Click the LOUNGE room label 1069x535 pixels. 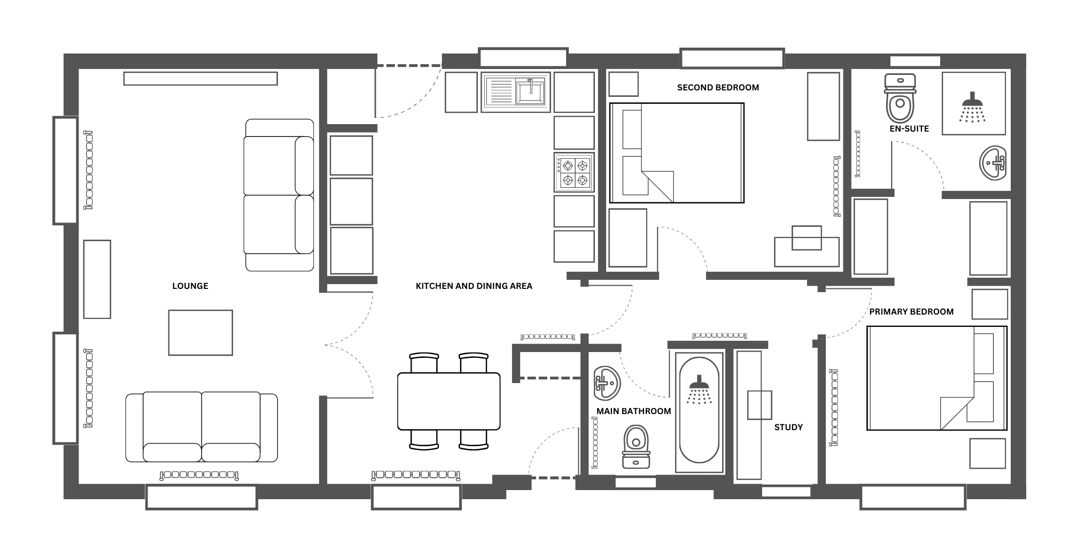tap(190, 286)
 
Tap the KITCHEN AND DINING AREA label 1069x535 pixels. tap(474, 286)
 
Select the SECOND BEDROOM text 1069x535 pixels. tap(718, 88)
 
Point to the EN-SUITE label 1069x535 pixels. tap(909, 129)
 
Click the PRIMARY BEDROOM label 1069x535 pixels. tap(911, 312)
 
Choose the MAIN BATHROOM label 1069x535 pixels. tap(634, 411)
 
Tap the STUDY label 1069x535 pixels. tap(788, 427)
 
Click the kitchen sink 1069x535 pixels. tap(516, 92)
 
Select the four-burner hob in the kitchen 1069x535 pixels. tap(574, 172)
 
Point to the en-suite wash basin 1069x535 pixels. tap(993, 163)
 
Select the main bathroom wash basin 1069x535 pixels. tap(607, 383)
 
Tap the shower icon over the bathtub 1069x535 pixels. tap(699, 389)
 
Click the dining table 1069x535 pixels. tap(449, 401)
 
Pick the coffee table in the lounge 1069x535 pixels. tap(200, 333)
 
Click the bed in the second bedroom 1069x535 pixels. tap(677, 153)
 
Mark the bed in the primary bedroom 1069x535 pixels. tap(937, 378)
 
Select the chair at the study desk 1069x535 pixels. tap(760, 405)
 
